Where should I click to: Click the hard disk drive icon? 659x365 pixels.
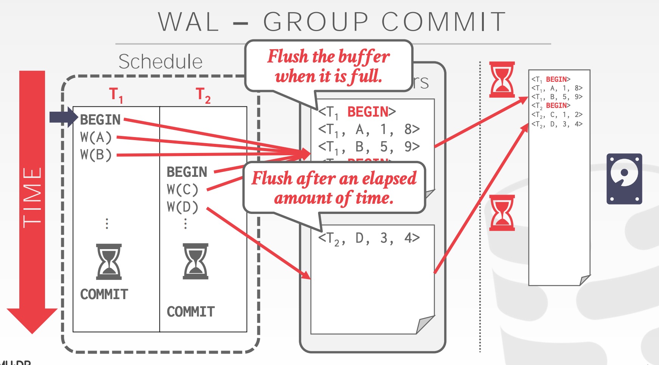[624, 179]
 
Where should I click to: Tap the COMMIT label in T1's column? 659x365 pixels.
[104, 294]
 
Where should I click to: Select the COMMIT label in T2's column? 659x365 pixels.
[191, 312]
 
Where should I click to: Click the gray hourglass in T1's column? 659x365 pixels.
[109, 262]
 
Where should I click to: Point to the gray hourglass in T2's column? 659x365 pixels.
[196, 261]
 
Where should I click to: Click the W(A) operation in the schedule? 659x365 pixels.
[96, 137]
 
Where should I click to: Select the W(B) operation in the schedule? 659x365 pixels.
[96, 154]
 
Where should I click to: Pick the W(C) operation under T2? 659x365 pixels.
[182, 189]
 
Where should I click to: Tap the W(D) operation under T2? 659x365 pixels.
[182, 207]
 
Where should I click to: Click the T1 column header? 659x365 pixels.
[116, 94]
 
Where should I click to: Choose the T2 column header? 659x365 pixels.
[203, 95]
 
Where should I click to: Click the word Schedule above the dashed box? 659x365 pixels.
[160, 61]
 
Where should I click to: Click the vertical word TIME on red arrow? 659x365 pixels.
[32, 197]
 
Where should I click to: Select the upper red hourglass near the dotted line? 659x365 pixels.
[502, 80]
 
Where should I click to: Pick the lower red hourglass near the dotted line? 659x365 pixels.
[502, 212]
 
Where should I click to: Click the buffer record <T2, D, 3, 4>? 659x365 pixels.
[369, 238]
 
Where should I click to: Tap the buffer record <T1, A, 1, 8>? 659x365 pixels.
[369, 129]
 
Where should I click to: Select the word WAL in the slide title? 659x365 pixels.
[188, 22]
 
